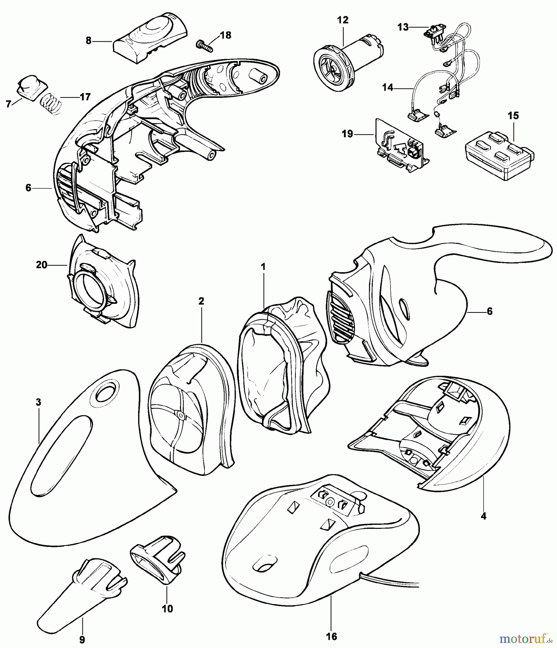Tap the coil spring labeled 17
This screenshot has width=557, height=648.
click(x=50, y=104)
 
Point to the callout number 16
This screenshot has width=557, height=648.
click(x=332, y=636)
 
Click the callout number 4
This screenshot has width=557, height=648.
click(x=483, y=516)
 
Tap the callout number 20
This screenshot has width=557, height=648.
click(x=42, y=265)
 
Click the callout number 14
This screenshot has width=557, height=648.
click(x=388, y=87)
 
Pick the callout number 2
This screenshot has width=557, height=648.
click(x=201, y=301)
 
